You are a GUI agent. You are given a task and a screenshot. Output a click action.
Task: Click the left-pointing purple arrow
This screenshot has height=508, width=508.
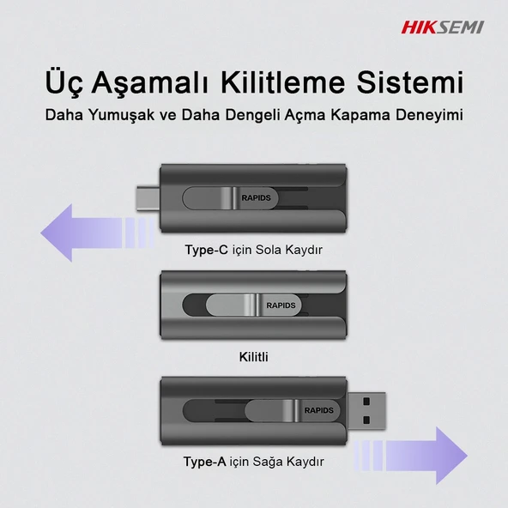pos(94,231)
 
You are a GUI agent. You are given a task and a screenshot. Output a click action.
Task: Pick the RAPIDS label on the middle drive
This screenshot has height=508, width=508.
pos(280,305)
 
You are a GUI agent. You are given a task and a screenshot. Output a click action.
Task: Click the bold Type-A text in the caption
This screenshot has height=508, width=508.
pos(204,462)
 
